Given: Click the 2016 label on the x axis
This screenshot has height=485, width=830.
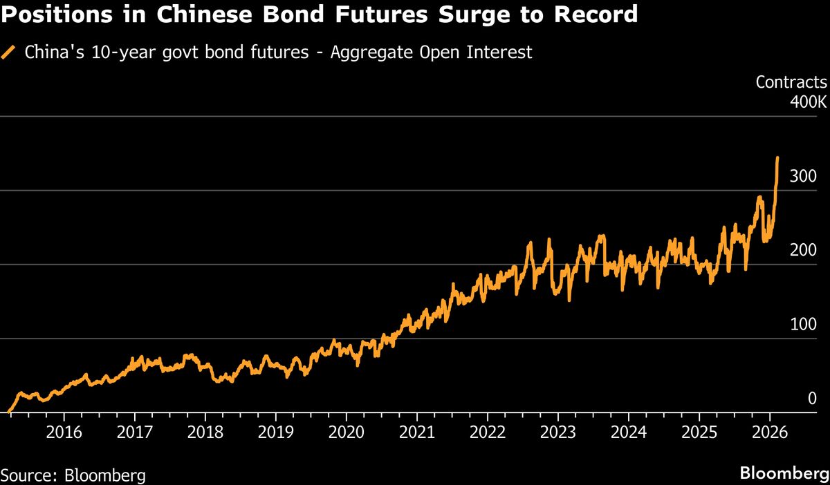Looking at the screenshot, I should pyautogui.click(x=64, y=433).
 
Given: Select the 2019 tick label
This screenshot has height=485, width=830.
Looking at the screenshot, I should pyautogui.click(x=275, y=433).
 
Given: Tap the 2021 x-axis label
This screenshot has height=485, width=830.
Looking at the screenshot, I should pyautogui.click(x=416, y=433).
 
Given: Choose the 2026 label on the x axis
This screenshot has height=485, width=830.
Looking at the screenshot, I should pyautogui.click(x=770, y=433).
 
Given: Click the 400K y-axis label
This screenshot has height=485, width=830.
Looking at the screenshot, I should pyautogui.click(x=807, y=102).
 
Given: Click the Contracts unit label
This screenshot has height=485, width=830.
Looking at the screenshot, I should pyautogui.click(x=791, y=82).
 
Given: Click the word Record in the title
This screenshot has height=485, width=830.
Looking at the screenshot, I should pyautogui.click(x=591, y=15).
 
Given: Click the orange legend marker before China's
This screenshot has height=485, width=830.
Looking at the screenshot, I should pyautogui.click(x=8, y=52).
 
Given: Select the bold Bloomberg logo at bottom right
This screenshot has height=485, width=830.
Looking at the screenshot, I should pyautogui.click(x=784, y=474).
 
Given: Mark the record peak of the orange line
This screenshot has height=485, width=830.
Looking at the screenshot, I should pyautogui.click(x=777, y=158).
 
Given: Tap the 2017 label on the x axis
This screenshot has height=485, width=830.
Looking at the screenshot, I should pyautogui.click(x=134, y=433).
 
